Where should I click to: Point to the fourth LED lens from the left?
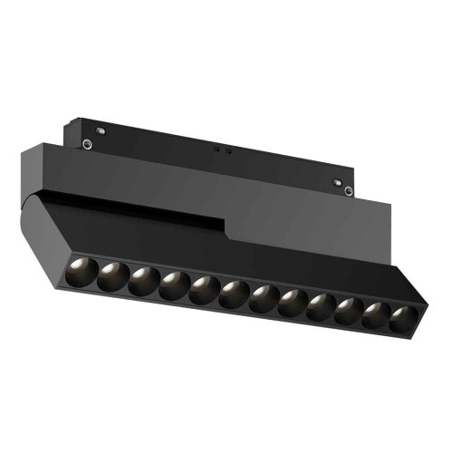(x=173, y=285)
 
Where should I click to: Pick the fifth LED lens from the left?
(x=204, y=291)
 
